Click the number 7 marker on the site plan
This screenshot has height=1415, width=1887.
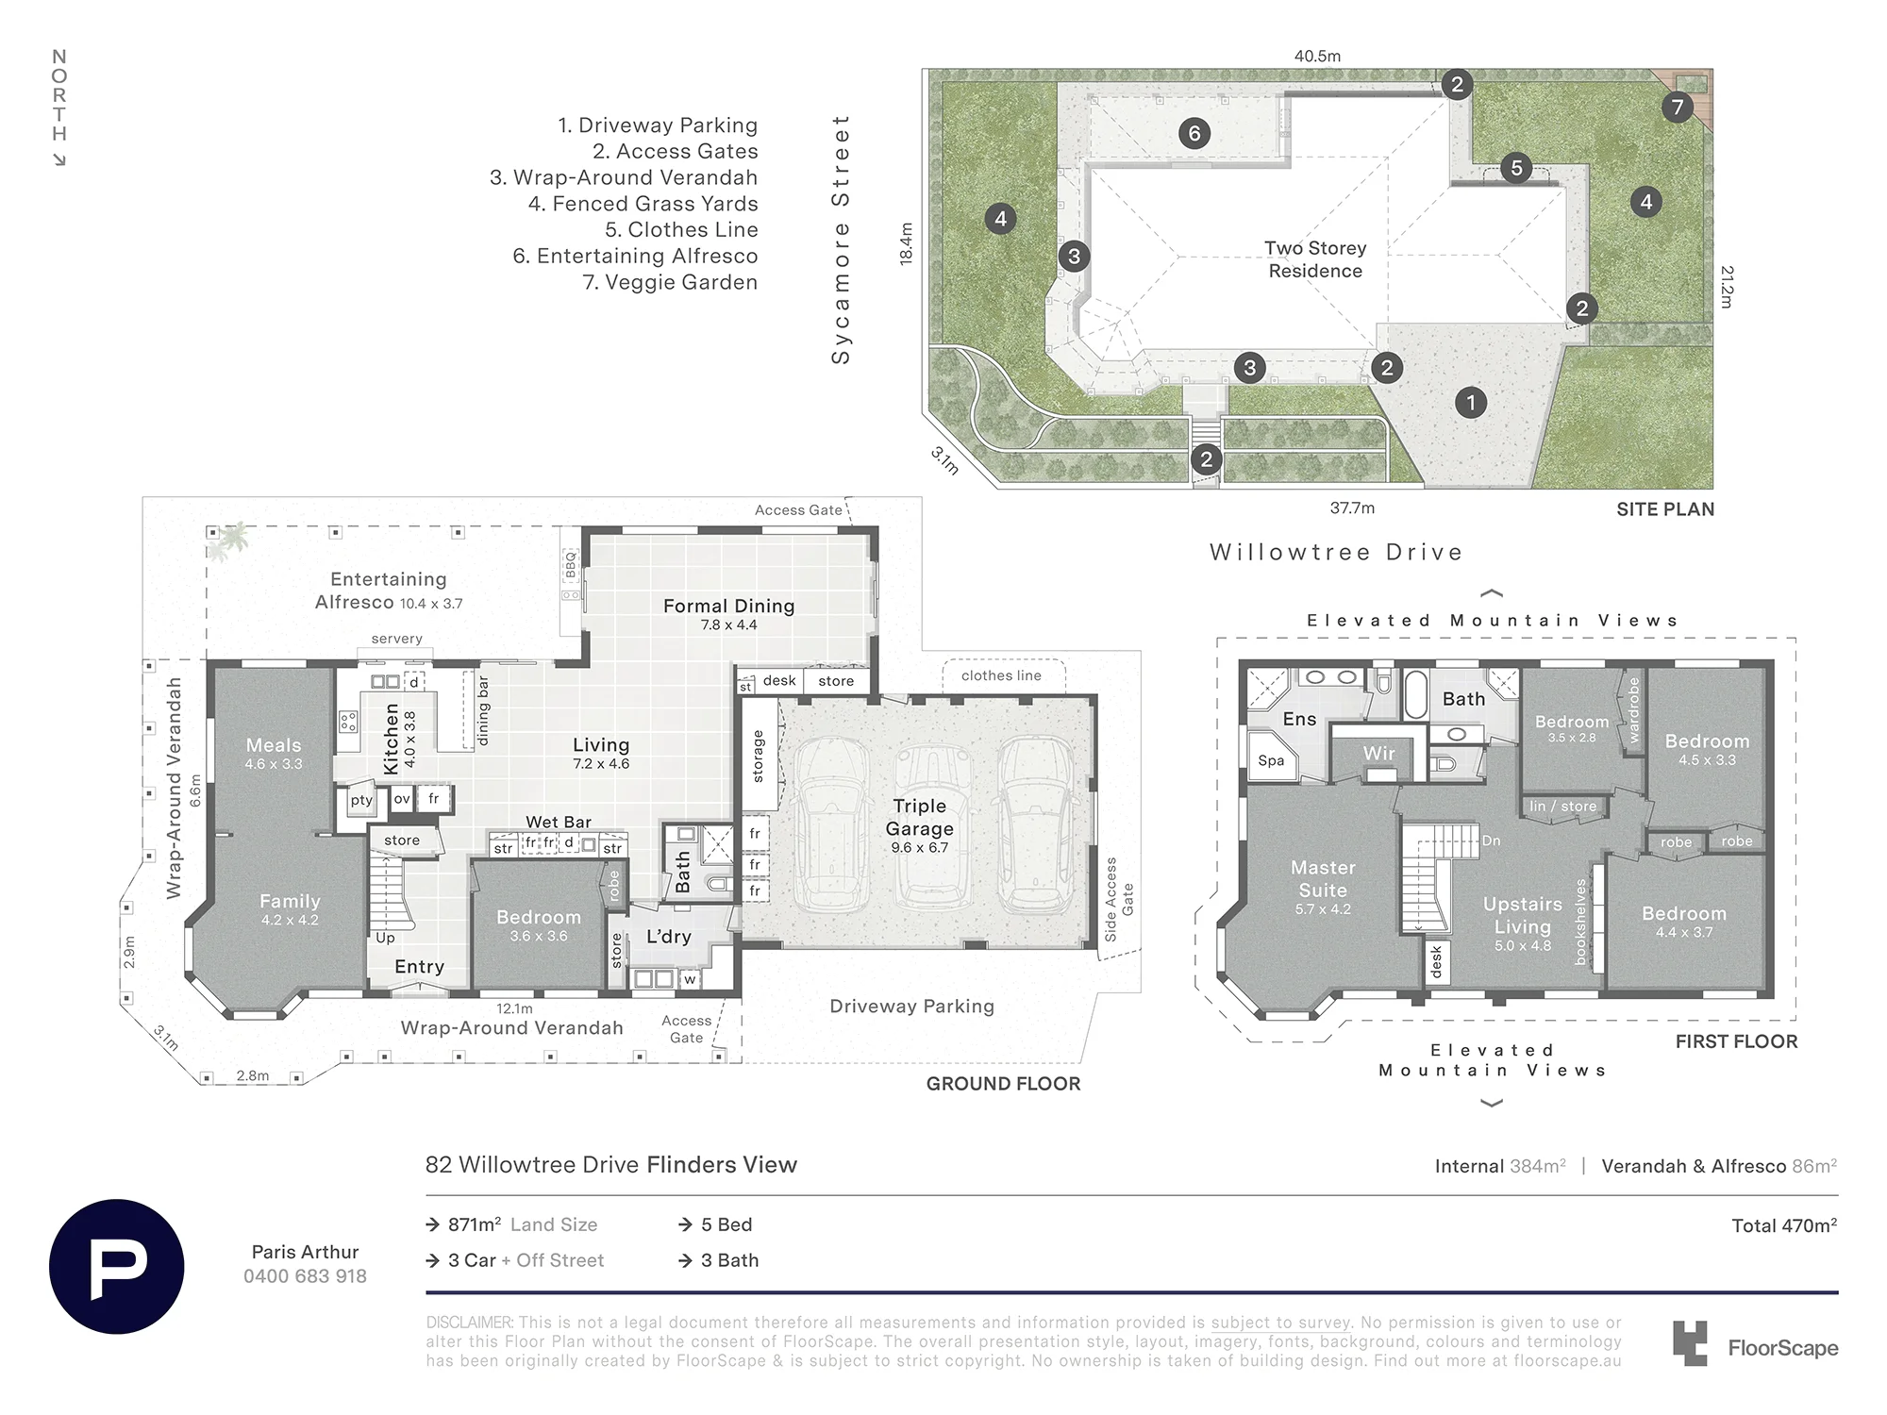point(1678,108)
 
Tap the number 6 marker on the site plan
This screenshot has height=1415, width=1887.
point(1194,133)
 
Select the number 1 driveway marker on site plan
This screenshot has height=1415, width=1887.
point(1470,403)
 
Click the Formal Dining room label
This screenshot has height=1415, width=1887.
point(728,606)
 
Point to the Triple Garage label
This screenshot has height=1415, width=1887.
point(919,817)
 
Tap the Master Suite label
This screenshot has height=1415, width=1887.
point(1323,878)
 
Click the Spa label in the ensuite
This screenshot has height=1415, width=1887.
point(1271,761)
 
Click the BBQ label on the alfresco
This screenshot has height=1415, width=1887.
point(570,564)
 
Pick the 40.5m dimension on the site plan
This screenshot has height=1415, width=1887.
point(1317,56)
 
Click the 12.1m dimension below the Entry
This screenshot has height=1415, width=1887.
point(514,1008)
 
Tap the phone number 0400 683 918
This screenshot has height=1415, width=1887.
point(305,1276)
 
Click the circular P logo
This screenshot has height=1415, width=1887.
point(116,1266)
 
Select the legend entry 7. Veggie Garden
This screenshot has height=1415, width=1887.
point(670,282)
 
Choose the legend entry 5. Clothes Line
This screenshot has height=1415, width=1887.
point(681,230)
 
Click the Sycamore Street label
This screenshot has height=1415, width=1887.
point(841,240)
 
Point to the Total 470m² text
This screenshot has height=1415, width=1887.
point(1784,1225)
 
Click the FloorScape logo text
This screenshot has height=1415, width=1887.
point(1782,1348)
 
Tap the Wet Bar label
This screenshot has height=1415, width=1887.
point(559,822)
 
